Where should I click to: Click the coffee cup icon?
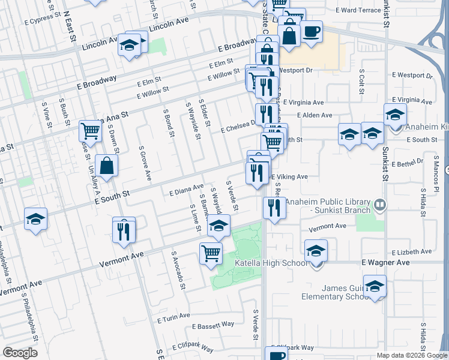coord(312,32)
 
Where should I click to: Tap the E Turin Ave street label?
coord(175,316)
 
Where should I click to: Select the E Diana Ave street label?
coord(187,190)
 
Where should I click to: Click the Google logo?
coord(20,353)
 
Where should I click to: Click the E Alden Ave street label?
coord(315,115)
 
